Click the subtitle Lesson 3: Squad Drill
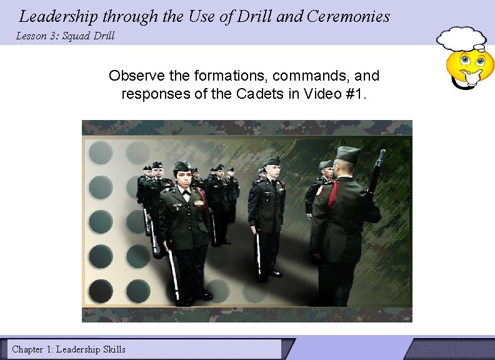point(66,36)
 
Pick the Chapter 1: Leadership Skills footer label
point(69,349)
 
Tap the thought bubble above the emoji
point(461,39)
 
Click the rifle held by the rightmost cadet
point(376,172)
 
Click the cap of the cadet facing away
point(348,154)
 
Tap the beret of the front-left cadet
point(182,166)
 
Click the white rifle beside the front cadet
point(172,275)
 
